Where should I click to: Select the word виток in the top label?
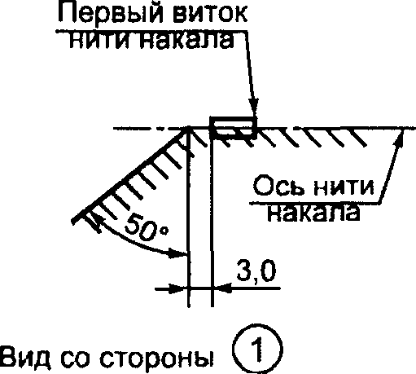tap(210, 13)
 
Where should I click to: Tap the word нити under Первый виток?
tap(101, 41)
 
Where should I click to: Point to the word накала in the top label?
tap(186, 41)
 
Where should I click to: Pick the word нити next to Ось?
tap(344, 187)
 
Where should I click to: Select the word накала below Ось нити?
tap(313, 213)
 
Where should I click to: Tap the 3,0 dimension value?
tap(256, 271)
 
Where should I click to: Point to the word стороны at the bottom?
tap(157, 358)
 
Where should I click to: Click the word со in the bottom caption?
tap(76, 358)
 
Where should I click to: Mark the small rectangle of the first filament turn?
tap(233, 127)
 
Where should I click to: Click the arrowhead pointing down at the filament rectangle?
tap(254, 108)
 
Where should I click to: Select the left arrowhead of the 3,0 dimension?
tap(178, 288)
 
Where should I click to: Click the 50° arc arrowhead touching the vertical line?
tap(178, 253)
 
